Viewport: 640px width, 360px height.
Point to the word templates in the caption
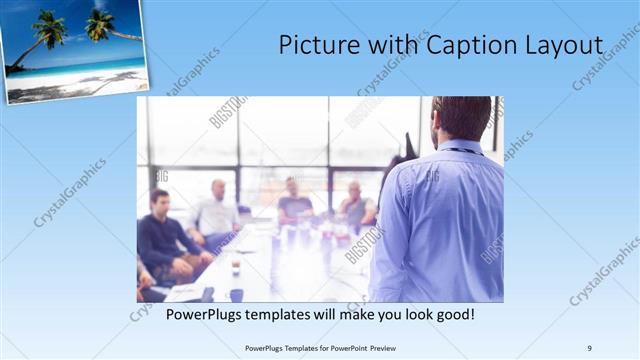click(x=300, y=314)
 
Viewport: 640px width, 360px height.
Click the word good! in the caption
click(x=452, y=314)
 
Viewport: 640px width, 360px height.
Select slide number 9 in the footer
click(x=590, y=347)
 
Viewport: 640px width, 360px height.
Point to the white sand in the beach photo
click(x=70, y=85)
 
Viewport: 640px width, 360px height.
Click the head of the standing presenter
click(x=461, y=117)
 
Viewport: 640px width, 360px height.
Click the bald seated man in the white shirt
click(x=217, y=212)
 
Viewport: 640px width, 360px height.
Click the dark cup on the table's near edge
click(x=236, y=294)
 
